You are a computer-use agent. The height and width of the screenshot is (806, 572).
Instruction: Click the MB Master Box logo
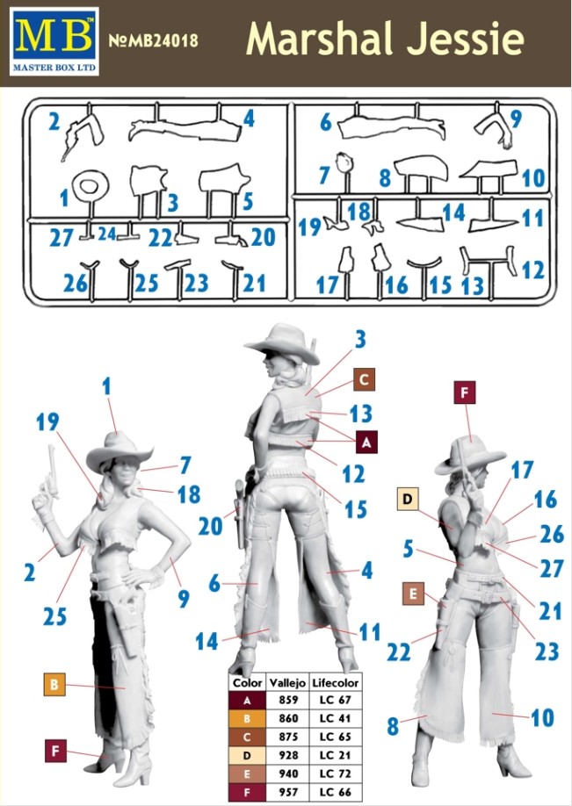54,40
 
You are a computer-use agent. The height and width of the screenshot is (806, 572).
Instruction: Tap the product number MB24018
153,40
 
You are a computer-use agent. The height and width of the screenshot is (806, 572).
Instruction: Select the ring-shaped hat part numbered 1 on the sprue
90,185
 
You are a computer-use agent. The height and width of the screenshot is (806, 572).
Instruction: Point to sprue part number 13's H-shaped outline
489,262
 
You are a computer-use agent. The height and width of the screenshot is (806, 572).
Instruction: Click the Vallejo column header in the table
287,683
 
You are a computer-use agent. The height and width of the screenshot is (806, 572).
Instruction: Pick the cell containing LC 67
335,700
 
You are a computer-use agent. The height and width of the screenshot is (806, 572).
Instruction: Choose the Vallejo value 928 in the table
287,755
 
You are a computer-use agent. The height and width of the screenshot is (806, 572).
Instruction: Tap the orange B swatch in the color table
247,718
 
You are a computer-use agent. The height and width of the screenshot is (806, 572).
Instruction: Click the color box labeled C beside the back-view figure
364,379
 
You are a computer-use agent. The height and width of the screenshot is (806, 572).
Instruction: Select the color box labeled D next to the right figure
408,499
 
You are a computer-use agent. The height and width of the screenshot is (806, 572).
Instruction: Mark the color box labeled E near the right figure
413,594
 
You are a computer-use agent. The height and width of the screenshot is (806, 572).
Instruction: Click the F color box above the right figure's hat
465,392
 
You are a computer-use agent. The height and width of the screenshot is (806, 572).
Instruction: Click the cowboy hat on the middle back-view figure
284,343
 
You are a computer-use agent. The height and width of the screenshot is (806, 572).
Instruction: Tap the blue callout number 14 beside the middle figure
206,641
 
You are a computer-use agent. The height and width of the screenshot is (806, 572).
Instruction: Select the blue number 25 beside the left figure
54,615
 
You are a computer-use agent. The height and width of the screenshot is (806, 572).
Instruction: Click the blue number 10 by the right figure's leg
542,717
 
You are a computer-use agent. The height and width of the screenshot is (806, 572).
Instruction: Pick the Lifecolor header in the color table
335,683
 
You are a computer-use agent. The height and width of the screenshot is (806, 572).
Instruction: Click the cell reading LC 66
335,792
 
